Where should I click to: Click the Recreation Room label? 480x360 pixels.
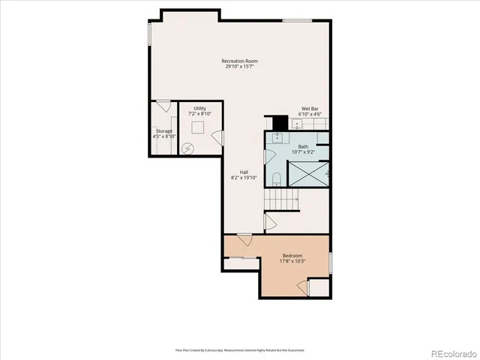(x=240, y=61)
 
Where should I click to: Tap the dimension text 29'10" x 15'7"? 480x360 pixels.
(x=240, y=67)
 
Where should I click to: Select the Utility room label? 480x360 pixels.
(x=199, y=108)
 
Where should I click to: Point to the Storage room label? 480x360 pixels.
(x=163, y=131)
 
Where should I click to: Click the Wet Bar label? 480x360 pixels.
(x=310, y=109)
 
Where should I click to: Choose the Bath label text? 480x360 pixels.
(x=303, y=147)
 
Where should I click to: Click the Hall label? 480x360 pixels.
(x=244, y=172)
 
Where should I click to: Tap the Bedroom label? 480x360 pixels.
(x=292, y=256)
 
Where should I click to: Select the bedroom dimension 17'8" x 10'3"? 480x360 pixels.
(x=292, y=262)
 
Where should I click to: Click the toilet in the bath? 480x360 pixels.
(x=277, y=178)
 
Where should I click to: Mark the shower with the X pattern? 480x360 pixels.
(x=309, y=172)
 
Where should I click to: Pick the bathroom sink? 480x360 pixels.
(x=277, y=138)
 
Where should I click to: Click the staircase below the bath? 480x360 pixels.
(x=281, y=199)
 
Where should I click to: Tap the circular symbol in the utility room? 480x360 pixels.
(x=188, y=148)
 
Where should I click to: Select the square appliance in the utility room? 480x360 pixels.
(x=199, y=127)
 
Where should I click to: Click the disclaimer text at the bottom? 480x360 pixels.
(x=240, y=349)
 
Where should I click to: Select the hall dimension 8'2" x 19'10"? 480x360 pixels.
(x=244, y=178)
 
